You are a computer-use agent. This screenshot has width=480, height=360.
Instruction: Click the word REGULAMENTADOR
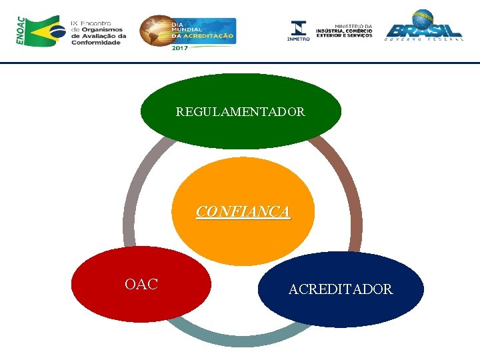241,112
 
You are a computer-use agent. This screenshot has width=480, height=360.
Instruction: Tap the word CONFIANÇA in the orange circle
243,212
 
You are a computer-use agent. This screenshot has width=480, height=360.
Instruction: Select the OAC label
141,285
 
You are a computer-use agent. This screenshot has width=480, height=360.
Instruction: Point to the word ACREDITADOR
341,289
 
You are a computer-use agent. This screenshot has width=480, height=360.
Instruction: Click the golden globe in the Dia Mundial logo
155,31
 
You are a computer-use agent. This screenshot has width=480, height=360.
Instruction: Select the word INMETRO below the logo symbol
299,39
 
